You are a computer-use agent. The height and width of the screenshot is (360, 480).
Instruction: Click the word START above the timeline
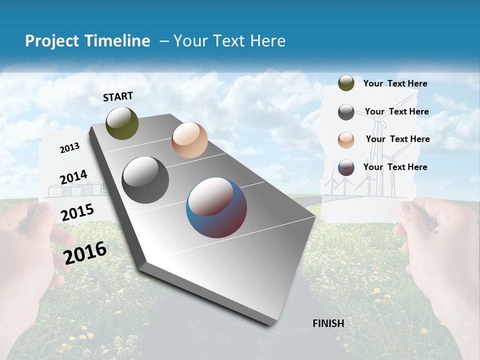point(118,96)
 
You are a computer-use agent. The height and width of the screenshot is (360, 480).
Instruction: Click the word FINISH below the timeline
point(328,323)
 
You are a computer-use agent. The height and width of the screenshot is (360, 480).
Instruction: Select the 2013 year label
point(70,148)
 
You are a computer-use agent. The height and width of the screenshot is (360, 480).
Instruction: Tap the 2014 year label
point(73,177)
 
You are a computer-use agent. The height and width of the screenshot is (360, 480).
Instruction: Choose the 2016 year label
point(85,253)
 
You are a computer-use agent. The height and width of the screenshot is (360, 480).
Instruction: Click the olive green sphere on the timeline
point(122,123)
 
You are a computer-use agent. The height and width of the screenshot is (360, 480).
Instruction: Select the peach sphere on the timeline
point(189,140)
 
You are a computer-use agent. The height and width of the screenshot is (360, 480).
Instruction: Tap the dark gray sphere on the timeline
point(145,180)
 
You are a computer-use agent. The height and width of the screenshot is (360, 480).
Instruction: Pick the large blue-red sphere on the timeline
point(216,207)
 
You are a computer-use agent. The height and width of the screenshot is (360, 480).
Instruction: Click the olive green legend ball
point(346,83)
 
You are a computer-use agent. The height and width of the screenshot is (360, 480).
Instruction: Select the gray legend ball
point(346,112)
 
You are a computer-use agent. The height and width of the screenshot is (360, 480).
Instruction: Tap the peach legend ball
point(346,140)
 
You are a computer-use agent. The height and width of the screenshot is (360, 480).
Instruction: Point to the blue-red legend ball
point(346,167)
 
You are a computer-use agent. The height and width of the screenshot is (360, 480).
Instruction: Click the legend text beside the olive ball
point(395,83)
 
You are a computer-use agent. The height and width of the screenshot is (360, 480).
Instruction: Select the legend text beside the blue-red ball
point(395,167)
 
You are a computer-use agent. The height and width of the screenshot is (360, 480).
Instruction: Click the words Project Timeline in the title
point(87,41)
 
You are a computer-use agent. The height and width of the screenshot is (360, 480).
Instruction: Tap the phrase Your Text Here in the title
point(229,41)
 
